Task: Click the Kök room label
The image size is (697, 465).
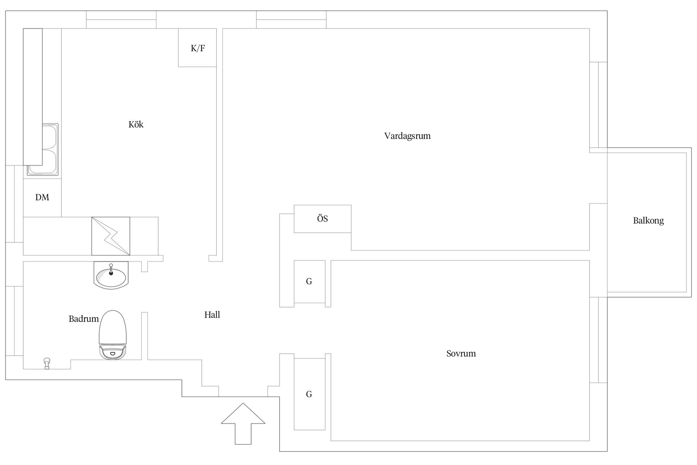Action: click(x=136, y=125)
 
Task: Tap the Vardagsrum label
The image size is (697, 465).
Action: click(x=407, y=136)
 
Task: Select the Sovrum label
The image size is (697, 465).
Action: click(x=461, y=353)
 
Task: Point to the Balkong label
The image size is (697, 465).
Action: click(x=648, y=221)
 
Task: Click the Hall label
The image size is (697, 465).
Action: click(x=212, y=315)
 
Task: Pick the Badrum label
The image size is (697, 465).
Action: click(x=84, y=319)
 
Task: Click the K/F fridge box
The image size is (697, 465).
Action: click(x=197, y=48)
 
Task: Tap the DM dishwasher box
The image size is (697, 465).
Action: click(x=42, y=197)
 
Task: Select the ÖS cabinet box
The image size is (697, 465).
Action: click(x=322, y=219)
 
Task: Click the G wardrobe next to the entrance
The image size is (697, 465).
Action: click(x=309, y=394)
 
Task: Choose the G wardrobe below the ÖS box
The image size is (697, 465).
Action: click(x=309, y=282)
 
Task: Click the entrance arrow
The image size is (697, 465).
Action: click(x=243, y=424)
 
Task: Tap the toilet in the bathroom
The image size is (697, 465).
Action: click(x=113, y=335)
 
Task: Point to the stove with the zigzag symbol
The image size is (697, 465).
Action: click(x=111, y=236)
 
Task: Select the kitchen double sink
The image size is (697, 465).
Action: click(x=43, y=150)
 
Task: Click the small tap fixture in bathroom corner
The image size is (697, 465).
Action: click(x=46, y=363)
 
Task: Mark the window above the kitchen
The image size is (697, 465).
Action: click(x=121, y=20)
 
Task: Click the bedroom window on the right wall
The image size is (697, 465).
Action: click(x=598, y=340)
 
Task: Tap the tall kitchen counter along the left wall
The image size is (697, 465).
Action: click(x=33, y=97)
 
